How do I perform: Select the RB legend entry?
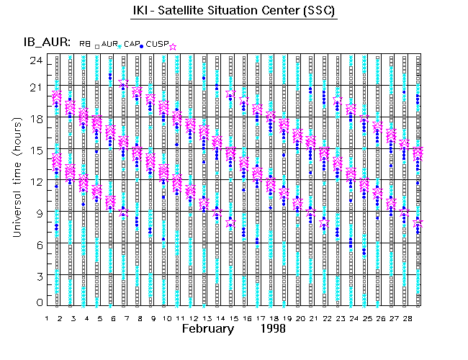tap(85, 45)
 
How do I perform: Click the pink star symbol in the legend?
tap(173, 45)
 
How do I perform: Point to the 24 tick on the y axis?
tap(35, 60)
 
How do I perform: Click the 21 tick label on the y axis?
tap(35, 88)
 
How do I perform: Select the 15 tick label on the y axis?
tap(35, 150)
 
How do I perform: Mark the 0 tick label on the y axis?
tap(37, 303)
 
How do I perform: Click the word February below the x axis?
tap(208, 329)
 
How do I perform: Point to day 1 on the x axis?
tap(48, 318)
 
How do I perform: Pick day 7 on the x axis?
tap(127, 318)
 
